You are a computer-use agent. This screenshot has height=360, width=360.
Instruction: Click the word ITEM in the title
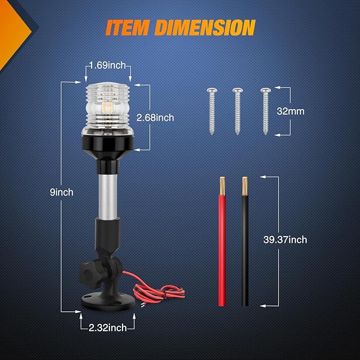click(x=127, y=28)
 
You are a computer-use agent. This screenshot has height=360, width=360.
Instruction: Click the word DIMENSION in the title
click(x=205, y=28)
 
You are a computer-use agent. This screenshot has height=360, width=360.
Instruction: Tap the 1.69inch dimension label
click(x=108, y=65)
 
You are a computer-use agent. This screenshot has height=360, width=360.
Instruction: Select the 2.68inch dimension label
click(x=155, y=118)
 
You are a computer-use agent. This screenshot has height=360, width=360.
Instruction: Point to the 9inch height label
click(x=62, y=192)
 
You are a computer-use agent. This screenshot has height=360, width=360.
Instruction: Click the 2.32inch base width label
click(x=108, y=328)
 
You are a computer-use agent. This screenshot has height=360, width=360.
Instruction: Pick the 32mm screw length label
click(x=291, y=111)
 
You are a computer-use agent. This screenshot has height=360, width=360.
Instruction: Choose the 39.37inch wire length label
click(x=285, y=240)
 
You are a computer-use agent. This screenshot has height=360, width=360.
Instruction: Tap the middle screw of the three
click(x=238, y=111)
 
